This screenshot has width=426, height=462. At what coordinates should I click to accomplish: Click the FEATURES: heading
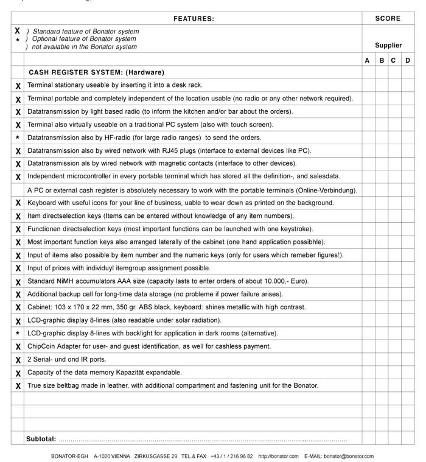coord(194,18)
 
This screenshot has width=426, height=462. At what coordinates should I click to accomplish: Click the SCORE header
coord(388,18)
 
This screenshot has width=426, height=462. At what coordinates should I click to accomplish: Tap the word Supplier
coord(388,45)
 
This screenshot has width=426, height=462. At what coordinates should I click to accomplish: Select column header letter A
coord(367,60)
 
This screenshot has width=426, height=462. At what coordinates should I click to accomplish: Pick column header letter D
coord(408,60)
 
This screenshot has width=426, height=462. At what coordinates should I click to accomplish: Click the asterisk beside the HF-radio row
coord(18,138)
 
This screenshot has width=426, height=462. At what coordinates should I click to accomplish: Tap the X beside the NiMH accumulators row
coord(18,282)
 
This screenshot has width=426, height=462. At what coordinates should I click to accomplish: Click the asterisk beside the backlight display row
coord(18,334)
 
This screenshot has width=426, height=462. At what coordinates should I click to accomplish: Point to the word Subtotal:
coord(41,438)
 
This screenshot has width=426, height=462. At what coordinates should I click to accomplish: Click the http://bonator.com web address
coord(278,456)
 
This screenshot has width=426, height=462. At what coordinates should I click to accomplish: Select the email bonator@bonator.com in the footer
coord(349,456)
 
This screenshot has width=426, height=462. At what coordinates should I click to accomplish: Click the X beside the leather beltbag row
coord(18,386)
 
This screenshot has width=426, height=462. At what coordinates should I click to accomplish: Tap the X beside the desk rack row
coord(18,86)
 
